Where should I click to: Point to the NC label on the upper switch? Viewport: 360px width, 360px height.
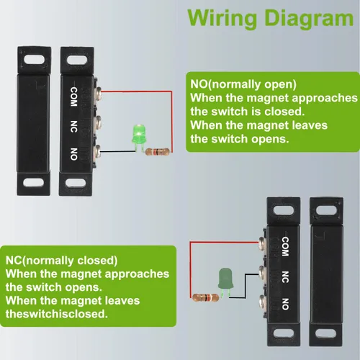coord(73,124)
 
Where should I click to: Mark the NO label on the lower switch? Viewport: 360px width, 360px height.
coord(285,302)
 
